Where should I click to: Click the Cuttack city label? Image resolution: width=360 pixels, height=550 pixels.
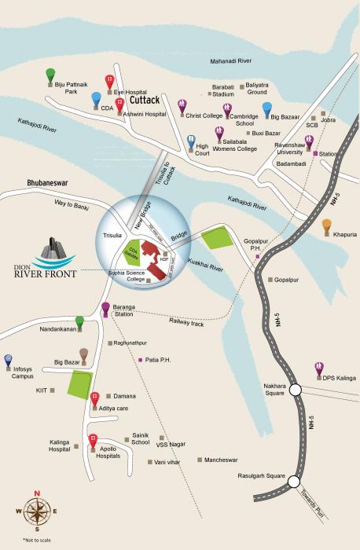point(145,101)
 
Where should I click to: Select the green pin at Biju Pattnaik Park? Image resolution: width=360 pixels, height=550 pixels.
point(50,75)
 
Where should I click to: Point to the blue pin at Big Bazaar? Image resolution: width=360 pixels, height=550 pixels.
point(266,108)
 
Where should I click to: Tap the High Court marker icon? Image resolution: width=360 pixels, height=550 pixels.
point(191,142)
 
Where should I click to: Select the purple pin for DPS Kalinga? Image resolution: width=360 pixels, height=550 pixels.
point(319,368)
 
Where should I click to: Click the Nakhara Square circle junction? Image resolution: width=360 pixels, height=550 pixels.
point(295,389)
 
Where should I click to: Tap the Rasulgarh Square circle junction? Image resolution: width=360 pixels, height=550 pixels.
point(293,482)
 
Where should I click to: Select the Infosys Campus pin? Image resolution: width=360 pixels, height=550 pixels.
point(9,359)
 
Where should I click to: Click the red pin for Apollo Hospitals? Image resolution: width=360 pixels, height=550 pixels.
point(93,439)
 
